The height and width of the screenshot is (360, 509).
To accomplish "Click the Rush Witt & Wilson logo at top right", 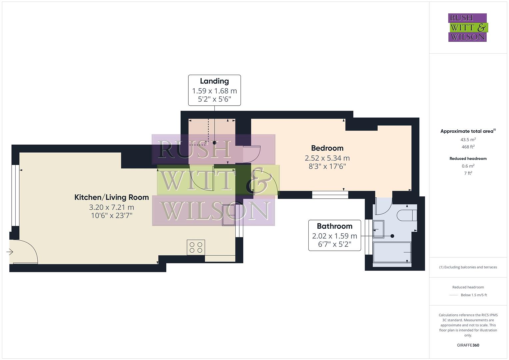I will [467, 28].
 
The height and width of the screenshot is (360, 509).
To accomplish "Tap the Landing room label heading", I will [214, 81].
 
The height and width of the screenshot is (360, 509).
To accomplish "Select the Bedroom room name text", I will [327, 148].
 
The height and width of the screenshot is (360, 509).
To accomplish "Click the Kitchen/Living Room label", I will [111, 197].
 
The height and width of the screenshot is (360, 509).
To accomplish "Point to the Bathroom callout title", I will [334, 226].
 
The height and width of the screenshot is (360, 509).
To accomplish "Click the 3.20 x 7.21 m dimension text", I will [111, 207].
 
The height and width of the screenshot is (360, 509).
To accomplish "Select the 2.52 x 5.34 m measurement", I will [327, 158].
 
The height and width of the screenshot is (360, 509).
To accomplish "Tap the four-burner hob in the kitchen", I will [196, 248].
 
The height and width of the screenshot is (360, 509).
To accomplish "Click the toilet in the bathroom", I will [407, 215].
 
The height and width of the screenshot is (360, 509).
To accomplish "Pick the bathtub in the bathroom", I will [392, 252].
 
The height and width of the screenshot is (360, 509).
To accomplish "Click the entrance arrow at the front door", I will [10, 252].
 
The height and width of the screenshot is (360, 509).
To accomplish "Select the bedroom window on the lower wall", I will [330, 195].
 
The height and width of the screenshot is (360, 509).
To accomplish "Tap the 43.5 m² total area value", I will [468, 140].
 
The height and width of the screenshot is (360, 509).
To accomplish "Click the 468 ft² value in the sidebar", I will [468, 147].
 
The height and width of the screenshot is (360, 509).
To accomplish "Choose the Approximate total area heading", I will [467, 131].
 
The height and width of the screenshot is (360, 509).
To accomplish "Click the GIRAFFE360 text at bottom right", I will [468, 345].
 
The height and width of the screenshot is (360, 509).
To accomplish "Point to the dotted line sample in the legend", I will [454, 295].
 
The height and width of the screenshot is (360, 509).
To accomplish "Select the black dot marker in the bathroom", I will [392, 236].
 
